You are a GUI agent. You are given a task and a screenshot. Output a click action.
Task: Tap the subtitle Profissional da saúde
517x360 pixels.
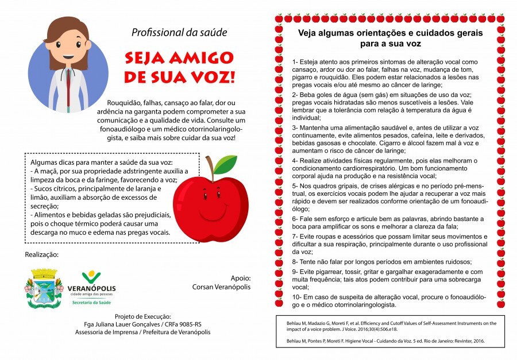click(x=179, y=32)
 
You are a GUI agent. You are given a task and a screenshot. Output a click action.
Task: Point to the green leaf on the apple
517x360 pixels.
click(x=225, y=164)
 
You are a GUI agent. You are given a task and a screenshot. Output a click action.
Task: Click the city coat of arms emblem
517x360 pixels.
click(x=43, y=287)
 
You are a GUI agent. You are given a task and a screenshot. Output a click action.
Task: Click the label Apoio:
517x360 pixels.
click(x=241, y=277)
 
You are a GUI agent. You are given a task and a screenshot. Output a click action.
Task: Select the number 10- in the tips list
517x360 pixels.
click(x=298, y=296)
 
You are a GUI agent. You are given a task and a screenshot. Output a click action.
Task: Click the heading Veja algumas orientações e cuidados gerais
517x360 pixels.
click(x=390, y=33)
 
